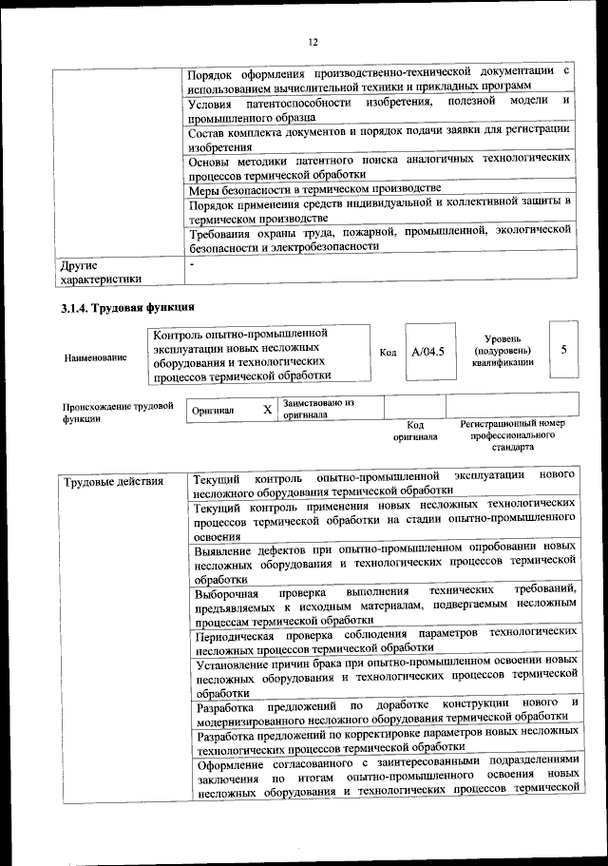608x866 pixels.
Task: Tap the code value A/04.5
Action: pos(427,351)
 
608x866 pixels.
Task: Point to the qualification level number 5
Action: pos(564,350)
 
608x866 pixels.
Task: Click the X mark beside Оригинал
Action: pos(268,410)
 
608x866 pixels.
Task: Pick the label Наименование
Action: pos(95,357)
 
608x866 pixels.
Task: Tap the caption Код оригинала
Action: pos(414,432)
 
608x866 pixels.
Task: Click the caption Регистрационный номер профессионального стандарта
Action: pos(512,433)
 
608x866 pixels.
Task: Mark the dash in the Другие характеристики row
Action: pos(191,263)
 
